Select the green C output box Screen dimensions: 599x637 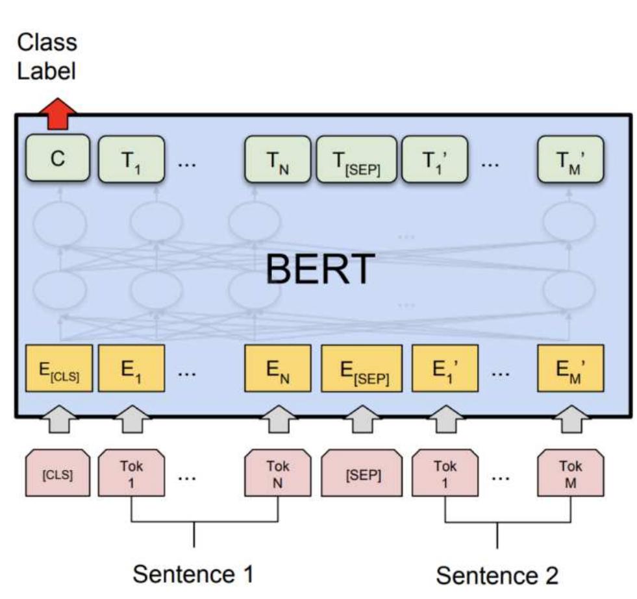pyautogui.click(x=58, y=160)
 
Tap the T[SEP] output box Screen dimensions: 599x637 pyautogui.click(x=356, y=160)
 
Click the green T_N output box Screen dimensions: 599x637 pyautogui.click(x=277, y=160)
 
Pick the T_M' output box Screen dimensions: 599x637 pyautogui.click(x=571, y=160)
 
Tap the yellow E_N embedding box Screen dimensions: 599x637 pyautogui.click(x=277, y=368)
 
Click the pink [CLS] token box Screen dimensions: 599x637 pyautogui.click(x=58, y=474)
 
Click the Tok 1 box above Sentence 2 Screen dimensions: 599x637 pyautogui.click(x=445, y=474)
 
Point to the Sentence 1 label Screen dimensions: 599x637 pyautogui.click(x=193, y=574)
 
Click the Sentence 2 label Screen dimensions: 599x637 pyautogui.click(x=497, y=575)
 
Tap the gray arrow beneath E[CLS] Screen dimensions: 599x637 pyautogui.click(x=58, y=421)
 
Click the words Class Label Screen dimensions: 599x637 pyautogui.click(x=47, y=56)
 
